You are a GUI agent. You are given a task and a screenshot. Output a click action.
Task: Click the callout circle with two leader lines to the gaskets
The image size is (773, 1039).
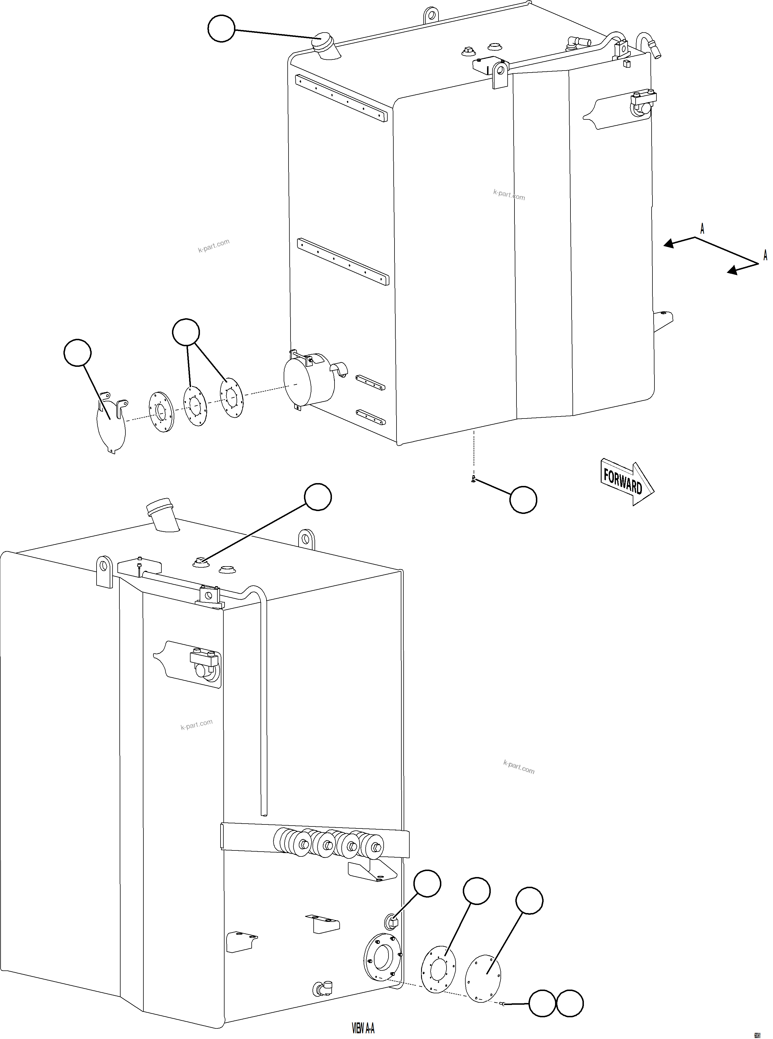tap(186, 333)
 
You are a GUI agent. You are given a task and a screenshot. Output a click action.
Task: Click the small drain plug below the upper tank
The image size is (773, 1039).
tap(474, 479)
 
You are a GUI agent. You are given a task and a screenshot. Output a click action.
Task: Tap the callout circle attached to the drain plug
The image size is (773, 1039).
tap(523, 500)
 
